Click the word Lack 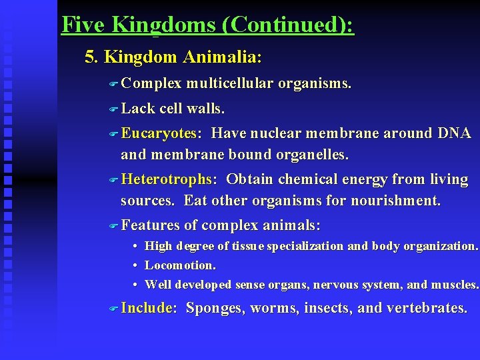point(138,109)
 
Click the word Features point(151,225)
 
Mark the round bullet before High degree point(135,247)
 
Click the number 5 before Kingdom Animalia point(91,57)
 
